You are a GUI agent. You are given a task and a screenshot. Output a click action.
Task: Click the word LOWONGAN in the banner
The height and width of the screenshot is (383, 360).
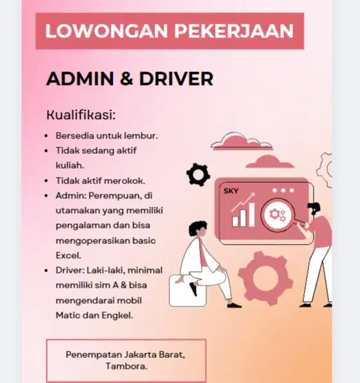point(95,30)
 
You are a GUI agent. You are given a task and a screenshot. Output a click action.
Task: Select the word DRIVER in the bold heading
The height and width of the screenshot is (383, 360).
point(176,79)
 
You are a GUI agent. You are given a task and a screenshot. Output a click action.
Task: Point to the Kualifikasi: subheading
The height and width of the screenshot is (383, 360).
point(81,115)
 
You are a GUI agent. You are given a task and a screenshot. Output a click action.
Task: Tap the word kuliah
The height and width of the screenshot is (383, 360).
point(70,165)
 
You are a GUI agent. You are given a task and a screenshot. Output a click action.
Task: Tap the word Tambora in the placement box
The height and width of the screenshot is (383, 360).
point(126,366)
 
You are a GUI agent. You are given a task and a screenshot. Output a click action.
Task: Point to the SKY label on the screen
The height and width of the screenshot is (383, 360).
point(231,191)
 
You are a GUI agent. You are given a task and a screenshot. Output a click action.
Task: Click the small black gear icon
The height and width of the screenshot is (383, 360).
point(198,174)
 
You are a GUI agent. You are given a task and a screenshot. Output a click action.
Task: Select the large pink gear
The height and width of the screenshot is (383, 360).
point(270,277)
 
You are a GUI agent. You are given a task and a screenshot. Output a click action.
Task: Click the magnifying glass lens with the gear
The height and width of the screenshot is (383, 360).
point(279,215)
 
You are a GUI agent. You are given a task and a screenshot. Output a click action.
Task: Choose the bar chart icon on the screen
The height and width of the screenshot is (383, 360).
point(243,214)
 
